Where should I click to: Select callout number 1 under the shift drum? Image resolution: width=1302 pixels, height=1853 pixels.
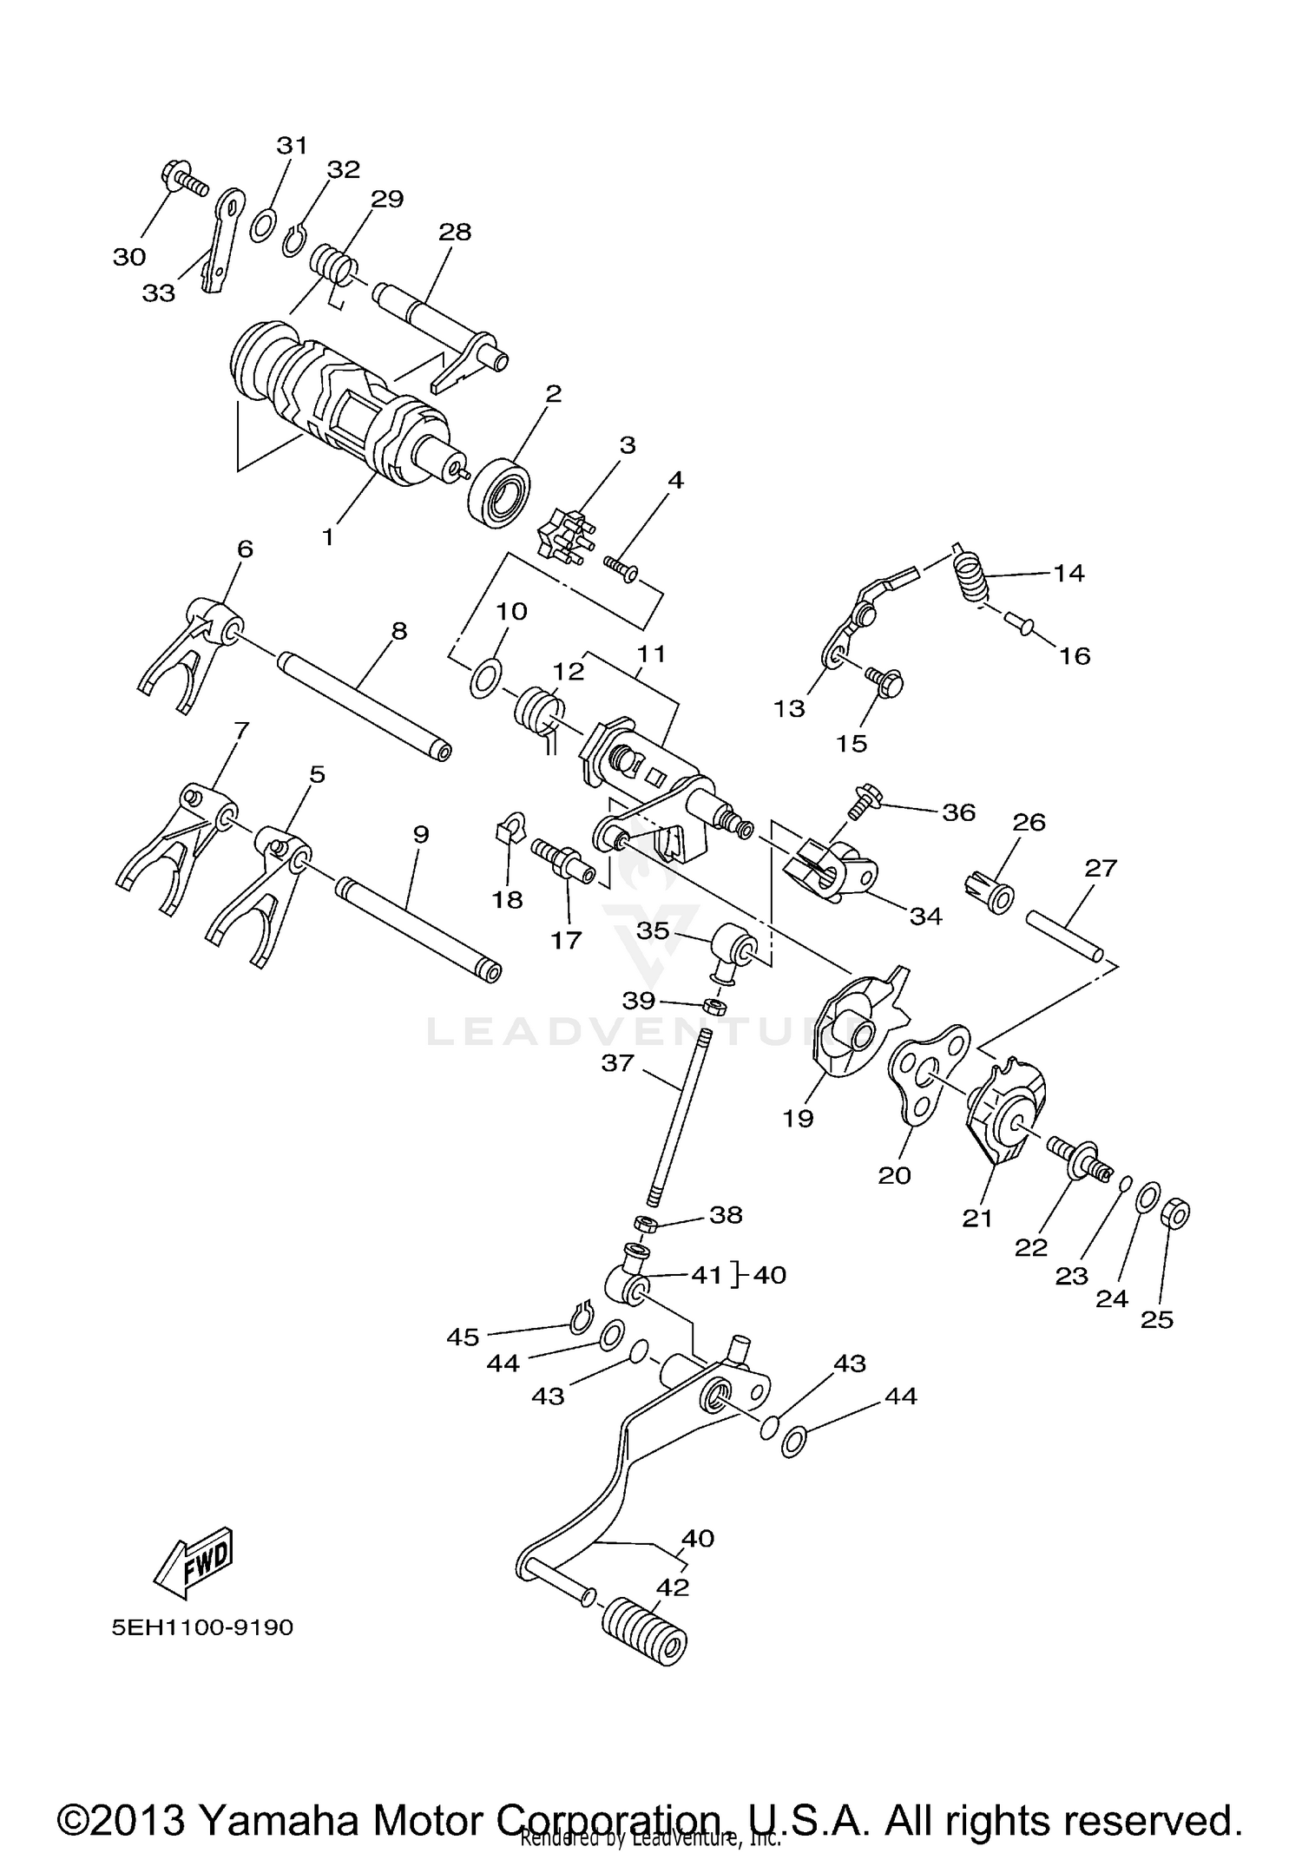pos(327,537)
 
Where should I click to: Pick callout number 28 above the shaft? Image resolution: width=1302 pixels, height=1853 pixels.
pos(455,232)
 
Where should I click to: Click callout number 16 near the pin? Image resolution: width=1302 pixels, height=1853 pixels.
pos(1075,655)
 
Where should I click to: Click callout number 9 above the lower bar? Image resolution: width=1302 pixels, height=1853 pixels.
pos(421,834)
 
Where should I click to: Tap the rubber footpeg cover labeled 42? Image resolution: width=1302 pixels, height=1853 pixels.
pos(644,1633)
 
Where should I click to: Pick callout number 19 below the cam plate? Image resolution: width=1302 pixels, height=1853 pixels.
pos(798,1119)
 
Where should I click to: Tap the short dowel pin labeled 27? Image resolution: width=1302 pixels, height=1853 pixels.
pos(1065,933)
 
